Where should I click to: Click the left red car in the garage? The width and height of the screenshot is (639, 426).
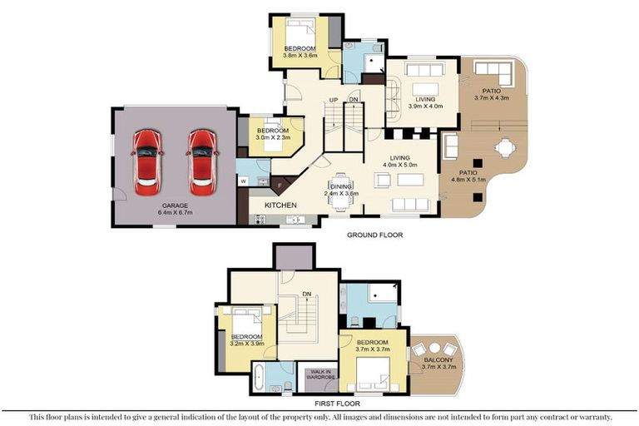147,162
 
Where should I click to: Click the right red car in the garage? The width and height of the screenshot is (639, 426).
202,162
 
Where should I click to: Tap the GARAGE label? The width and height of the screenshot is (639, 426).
175,206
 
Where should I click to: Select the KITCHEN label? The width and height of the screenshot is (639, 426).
280,205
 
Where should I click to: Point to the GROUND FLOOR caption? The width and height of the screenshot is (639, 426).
374,235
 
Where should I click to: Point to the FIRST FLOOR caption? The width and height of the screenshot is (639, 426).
337,404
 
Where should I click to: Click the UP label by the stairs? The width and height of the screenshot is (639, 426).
334,100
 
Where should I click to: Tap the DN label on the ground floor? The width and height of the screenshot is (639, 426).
354,100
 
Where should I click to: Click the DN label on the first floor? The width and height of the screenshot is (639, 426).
307,294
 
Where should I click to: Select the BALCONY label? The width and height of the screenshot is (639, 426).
438,360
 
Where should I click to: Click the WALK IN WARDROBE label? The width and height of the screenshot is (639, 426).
320,374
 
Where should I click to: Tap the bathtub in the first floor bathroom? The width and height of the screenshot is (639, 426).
259,377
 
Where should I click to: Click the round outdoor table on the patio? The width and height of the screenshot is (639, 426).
505,148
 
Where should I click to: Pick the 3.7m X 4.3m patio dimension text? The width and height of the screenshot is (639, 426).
491,98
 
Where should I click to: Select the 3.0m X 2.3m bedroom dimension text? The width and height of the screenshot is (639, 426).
273,137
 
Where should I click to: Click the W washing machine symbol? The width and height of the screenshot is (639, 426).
243,181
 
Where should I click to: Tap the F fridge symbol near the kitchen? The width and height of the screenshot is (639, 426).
280,186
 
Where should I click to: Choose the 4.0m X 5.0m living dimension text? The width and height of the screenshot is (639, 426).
399,165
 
